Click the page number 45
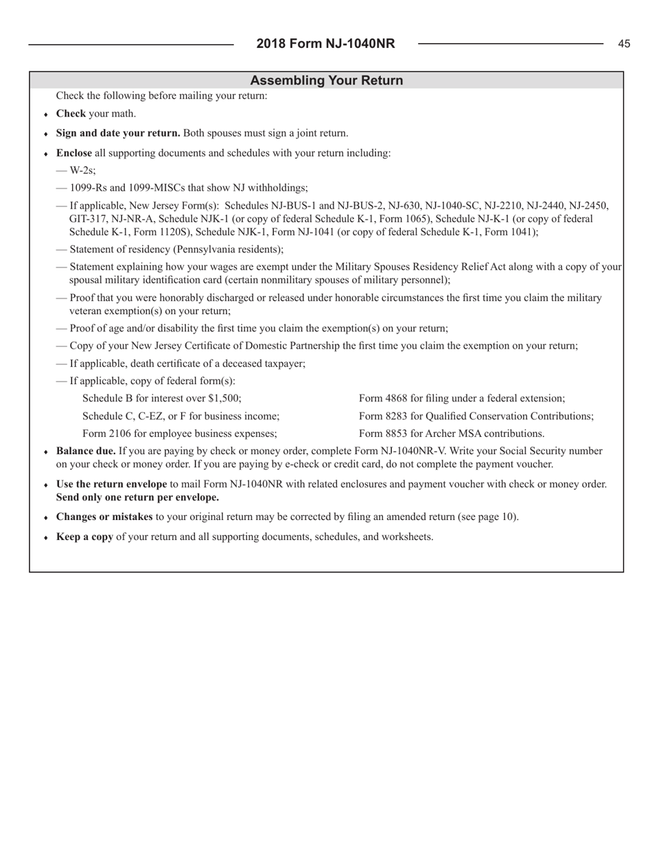[x=624, y=44]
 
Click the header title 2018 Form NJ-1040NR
[x=326, y=44]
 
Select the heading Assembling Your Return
[x=326, y=80]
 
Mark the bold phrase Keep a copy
[x=84, y=537]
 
